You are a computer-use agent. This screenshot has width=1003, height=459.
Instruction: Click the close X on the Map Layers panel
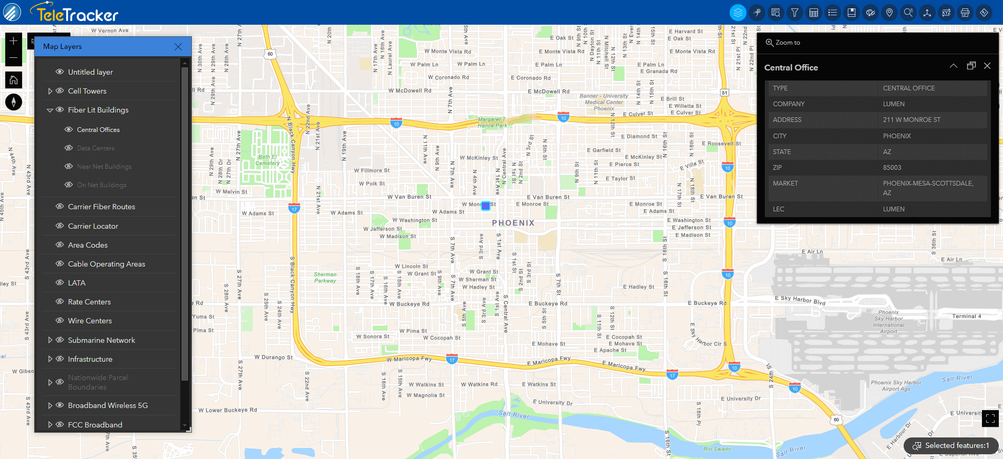point(178,47)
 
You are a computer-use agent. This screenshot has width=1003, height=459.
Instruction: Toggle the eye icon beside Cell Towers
point(60,91)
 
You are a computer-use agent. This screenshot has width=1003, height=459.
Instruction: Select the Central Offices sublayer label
point(98,130)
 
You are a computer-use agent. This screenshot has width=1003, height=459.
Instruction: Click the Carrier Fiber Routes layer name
point(101,207)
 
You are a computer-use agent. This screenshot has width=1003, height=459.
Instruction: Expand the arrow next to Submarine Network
point(50,340)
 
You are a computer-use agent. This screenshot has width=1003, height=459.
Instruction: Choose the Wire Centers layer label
point(90,321)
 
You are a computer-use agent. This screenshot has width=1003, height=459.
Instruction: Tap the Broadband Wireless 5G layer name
point(108,405)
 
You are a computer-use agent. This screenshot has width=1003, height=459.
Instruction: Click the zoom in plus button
point(14,41)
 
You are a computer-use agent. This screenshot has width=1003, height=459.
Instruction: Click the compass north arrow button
point(14,102)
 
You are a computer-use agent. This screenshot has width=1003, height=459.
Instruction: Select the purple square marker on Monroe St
point(486,206)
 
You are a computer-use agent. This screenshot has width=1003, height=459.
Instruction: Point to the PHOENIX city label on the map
point(513,223)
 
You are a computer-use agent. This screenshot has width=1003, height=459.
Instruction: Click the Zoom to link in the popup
point(783,43)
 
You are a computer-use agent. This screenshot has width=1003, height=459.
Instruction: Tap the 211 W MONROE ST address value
point(912,120)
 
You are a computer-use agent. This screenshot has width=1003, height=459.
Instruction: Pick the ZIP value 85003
point(892,168)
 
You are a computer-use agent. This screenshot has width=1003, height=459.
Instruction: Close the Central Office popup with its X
point(987,66)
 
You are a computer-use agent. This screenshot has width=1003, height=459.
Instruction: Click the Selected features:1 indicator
point(951,446)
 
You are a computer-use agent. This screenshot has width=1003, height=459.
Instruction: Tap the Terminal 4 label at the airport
point(966,316)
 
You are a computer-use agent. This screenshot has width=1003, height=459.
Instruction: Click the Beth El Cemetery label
point(268,160)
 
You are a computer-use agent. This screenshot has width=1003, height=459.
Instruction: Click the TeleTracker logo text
point(77,14)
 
